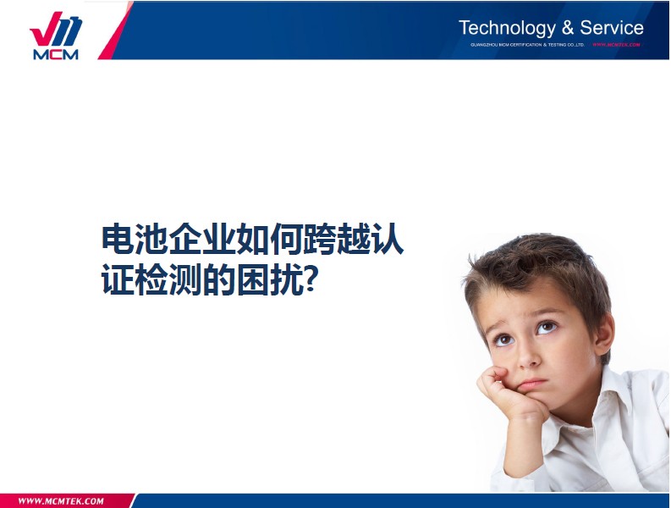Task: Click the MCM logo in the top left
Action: (x=55, y=36)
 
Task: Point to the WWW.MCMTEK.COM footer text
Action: (x=61, y=500)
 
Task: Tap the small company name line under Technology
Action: (x=527, y=44)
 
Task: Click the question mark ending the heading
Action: (x=311, y=280)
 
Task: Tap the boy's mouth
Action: (x=532, y=383)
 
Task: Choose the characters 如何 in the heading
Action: (x=269, y=240)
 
